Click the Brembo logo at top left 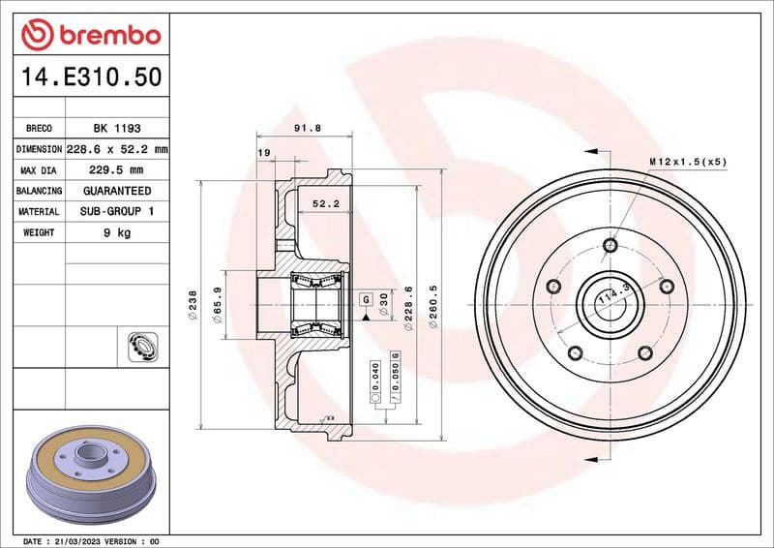click(x=90, y=35)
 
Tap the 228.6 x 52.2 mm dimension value click(x=116, y=150)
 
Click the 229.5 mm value click(x=116, y=170)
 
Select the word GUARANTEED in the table click(x=116, y=191)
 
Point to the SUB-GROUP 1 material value click(x=116, y=211)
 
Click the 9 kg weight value click(x=116, y=232)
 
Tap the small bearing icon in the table click(x=141, y=344)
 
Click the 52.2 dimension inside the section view click(x=325, y=204)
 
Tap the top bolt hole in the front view click(x=610, y=245)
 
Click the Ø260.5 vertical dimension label click(x=435, y=308)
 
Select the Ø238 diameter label click(x=193, y=303)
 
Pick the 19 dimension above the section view click(x=263, y=152)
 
